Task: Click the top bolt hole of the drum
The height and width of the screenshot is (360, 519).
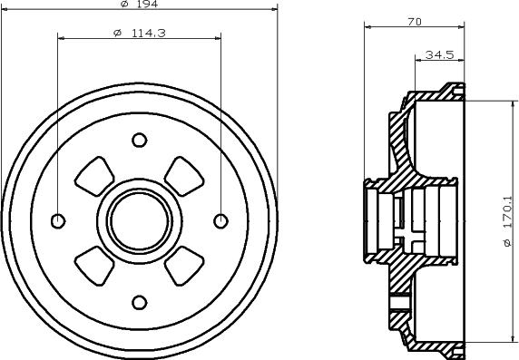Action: (139, 140)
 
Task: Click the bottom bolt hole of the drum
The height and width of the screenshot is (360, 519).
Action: (139, 301)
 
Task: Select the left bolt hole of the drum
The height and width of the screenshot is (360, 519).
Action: (58, 220)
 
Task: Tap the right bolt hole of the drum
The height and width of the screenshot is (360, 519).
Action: (220, 220)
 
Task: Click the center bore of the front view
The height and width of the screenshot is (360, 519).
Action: (139, 220)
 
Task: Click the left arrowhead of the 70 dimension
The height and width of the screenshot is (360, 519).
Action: (368, 26)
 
